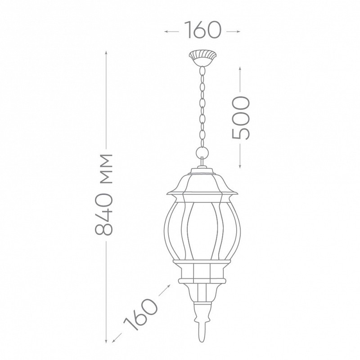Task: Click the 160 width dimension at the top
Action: [202, 30]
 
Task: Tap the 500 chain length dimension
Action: [241, 118]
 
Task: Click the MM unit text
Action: [106, 169]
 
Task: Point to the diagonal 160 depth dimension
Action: [141, 315]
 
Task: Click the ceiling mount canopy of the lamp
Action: [202, 58]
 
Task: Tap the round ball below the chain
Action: [202, 153]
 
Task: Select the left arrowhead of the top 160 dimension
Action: [166, 31]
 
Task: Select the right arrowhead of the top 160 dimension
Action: [239, 31]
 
